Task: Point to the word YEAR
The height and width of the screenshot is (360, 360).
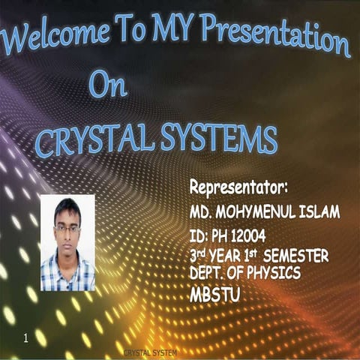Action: tap(232, 256)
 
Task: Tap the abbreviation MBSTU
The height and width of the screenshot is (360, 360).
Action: tap(215, 295)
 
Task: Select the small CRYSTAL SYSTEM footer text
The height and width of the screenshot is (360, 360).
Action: tap(151, 352)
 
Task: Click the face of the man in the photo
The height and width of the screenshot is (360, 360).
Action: tap(67, 230)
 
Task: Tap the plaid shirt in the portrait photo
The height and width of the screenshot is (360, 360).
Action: tap(67, 274)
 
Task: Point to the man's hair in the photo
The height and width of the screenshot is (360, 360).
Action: tap(67, 208)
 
